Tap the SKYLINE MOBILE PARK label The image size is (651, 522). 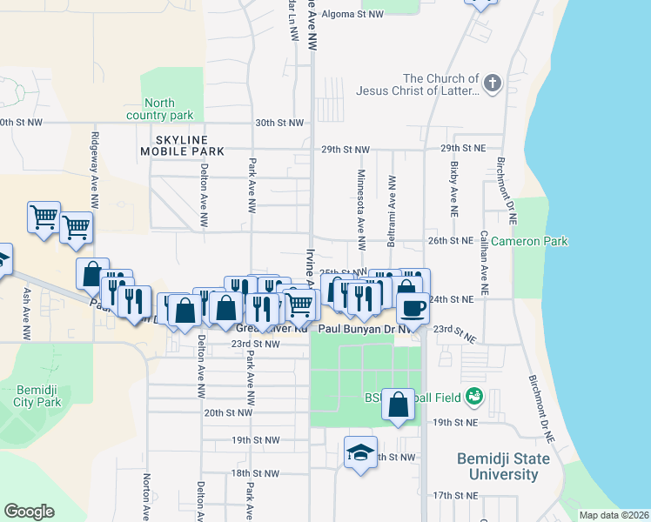[x=183, y=145]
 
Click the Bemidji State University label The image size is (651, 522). [x=503, y=466]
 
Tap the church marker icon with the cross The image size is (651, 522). [x=493, y=84]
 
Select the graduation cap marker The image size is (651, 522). [x=360, y=452]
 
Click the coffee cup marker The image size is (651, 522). [x=413, y=307]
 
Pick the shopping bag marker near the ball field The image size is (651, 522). [x=398, y=405]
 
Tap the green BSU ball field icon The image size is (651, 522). [x=474, y=398]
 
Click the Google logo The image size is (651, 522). [x=29, y=512]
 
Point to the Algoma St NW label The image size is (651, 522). [x=352, y=15]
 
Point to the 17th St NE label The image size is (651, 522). [x=456, y=495]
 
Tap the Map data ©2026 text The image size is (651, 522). [x=613, y=515]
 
